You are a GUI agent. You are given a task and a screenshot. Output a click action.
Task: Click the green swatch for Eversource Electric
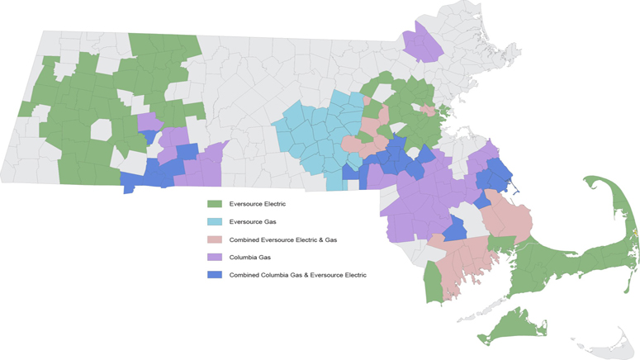point(214,203)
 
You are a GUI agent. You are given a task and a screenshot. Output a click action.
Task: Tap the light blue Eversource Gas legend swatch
point(214,221)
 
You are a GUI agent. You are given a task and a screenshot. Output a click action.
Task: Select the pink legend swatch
point(214,239)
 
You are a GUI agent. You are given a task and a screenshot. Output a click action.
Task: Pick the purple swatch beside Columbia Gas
point(214,258)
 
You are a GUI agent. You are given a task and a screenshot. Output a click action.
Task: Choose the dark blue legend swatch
point(214,275)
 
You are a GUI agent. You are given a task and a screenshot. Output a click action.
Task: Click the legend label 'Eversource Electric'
point(258,203)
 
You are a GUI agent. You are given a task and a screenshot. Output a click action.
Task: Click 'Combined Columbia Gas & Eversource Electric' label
point(298,275)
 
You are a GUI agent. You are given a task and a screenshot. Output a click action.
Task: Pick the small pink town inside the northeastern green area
point(428,110)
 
